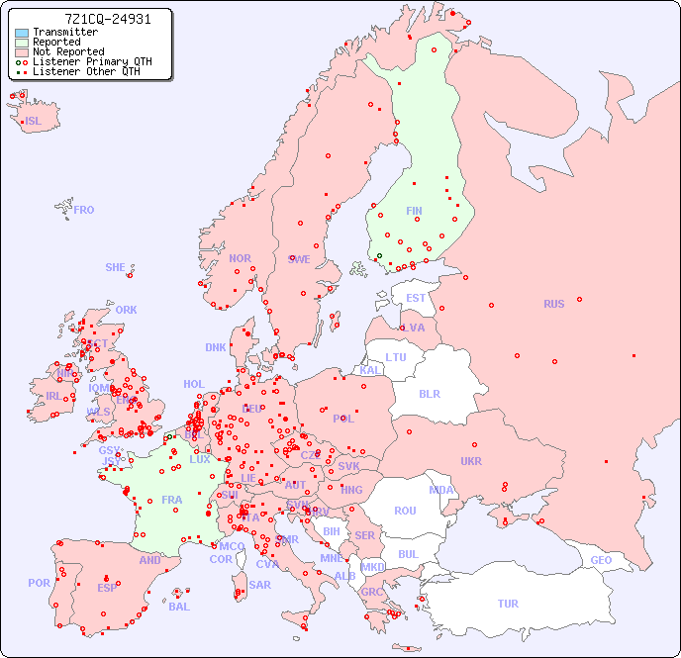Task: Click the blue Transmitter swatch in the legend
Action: (x=22, y=33)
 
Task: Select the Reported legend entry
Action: (x=56, y=43)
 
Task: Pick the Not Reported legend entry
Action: (x=68, y=52)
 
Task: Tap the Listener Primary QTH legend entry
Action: (x=92, y=62)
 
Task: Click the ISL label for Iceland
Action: (x=34, y=122)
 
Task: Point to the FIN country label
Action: (x=414, y=211)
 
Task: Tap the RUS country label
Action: (x=553, y=304)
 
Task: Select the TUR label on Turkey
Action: (x=508, y=604)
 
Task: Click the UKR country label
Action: (x=471, y=461)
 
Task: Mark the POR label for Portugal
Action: (x=39, y=583)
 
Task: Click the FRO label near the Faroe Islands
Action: (x=84, y=210)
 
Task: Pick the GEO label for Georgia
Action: (x=601, y=560)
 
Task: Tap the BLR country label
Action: (x=430, y=393)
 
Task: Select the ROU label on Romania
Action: (x=405, y=511)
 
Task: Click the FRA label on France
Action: (x=172, y=500)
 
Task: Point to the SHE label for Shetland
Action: (x=116, y=267)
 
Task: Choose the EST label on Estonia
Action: (x=417, y=298)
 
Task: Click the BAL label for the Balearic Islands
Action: (x=179, y=607)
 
